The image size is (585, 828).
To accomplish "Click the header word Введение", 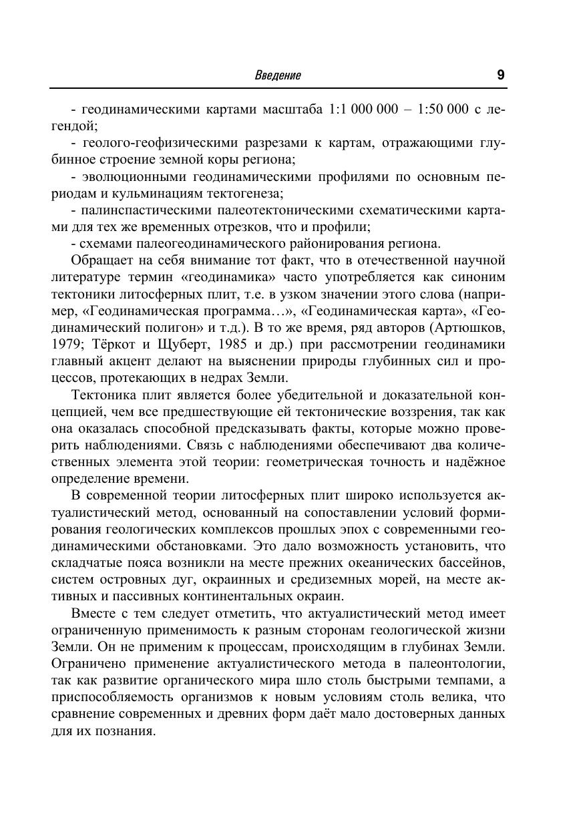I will [x=278, y=75].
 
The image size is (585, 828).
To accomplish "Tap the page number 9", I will [x=500, y=75].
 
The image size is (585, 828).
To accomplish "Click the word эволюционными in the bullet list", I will [x=134, y=177].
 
